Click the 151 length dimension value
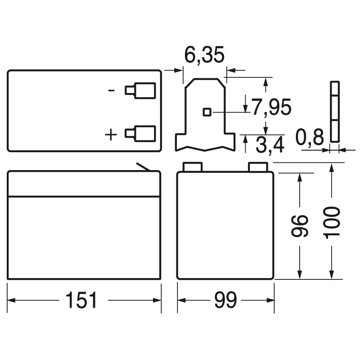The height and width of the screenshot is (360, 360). (x=81, y=300)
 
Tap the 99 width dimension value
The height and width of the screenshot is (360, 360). (x=225, y=300)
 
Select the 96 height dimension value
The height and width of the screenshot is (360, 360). (x=300, y=226)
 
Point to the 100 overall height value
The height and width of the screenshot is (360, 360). (x=331, y=223)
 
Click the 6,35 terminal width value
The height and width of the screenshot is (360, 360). (x=204, y=55)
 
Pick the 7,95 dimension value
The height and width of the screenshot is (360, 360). (x=271, y=107)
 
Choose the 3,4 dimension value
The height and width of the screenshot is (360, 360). (x=270, y=145)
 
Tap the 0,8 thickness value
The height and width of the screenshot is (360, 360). (x=310, y=137)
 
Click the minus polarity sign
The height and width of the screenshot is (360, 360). (x=111, y=90)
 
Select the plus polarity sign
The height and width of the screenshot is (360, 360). (x=111, y=135)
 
